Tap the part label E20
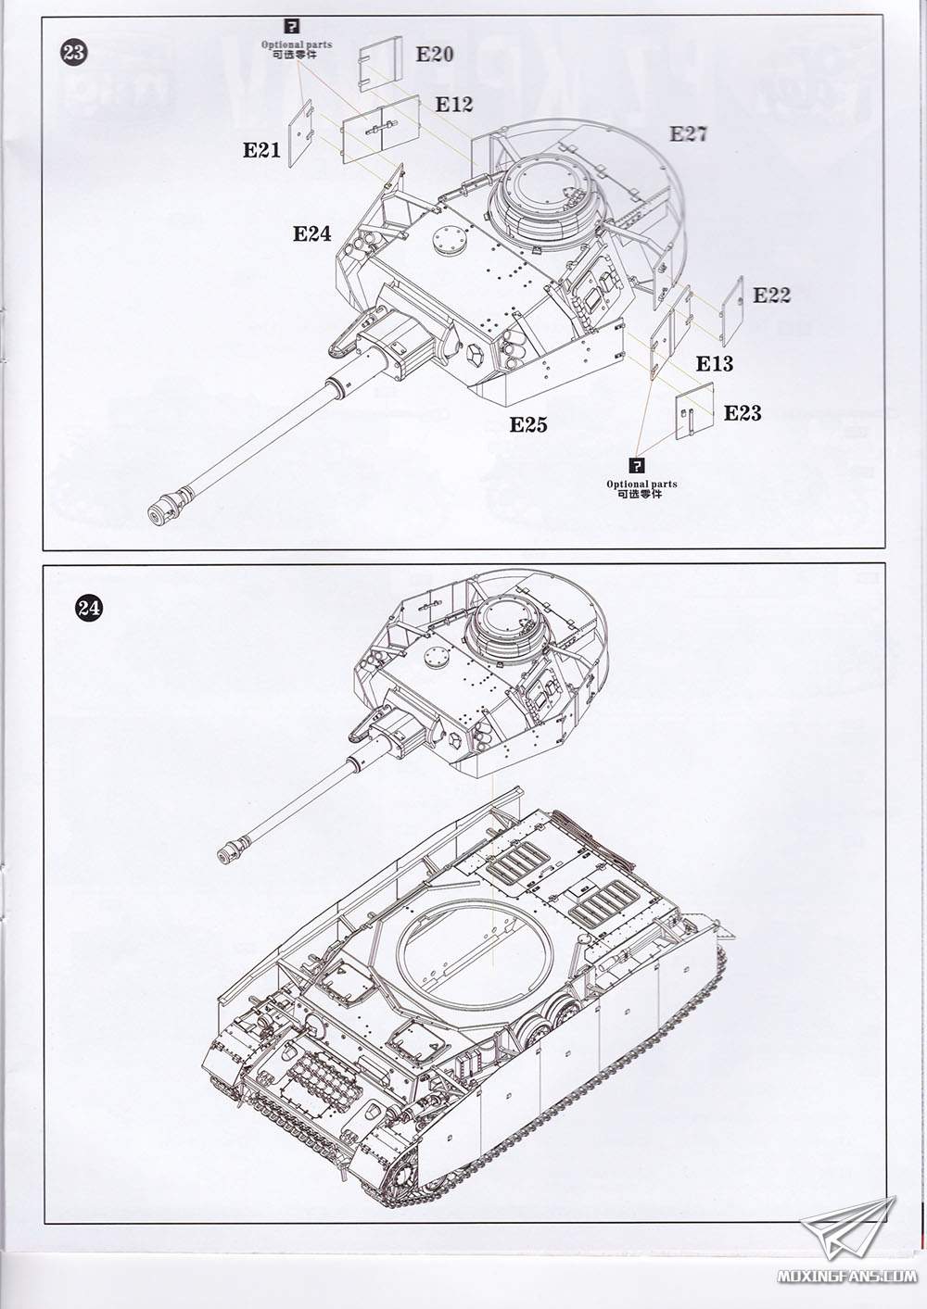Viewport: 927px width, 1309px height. click(434, 55)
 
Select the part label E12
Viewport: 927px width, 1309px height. click(453, 105)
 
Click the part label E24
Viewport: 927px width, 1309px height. click(312, 233)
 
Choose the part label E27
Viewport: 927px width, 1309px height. click(689, 134)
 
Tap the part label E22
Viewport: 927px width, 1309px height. click(771, 295)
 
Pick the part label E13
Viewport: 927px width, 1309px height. click(714, 364)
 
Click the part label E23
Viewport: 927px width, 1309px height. click(743, 413)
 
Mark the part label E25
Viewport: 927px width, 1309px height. click(528, 424)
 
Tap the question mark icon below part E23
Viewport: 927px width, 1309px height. click(641, 465)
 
